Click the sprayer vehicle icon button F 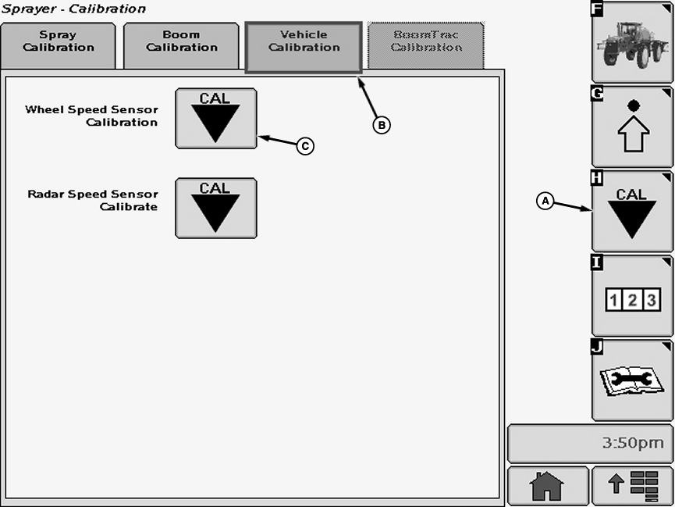(632, 42)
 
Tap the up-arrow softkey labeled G (632, 127)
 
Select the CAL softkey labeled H (632, 211)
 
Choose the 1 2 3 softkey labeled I (632, 296)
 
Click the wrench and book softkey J (632, 380)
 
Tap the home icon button (547, 486)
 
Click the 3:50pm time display (590, 443)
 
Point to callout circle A (545, 201)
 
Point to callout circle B (381, 124)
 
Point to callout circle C (305, 145)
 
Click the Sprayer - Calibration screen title (73, 9)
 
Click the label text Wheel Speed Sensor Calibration (91, 116)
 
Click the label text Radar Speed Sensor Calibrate (93, 200)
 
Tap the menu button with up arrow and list (632, 486)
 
